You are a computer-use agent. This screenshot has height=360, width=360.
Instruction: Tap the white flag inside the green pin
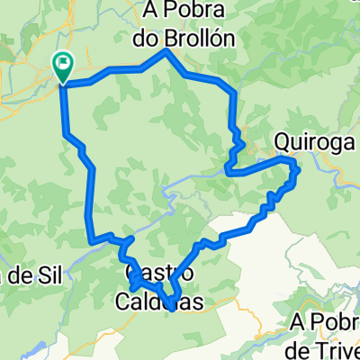tap(64, 63)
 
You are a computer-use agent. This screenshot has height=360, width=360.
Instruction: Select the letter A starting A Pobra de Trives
tap(300, 322)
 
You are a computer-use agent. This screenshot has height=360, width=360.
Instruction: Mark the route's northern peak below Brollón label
tap(166, 52)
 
